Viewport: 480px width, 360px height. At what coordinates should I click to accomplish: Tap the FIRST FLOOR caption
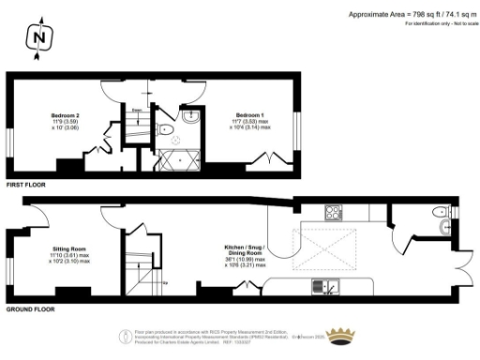[25, 186]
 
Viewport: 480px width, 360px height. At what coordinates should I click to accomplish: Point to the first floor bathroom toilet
[164, 130]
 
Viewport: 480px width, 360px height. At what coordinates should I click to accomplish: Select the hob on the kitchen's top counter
[333, 211]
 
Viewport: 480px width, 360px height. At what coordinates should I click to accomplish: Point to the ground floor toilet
[443, 226]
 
